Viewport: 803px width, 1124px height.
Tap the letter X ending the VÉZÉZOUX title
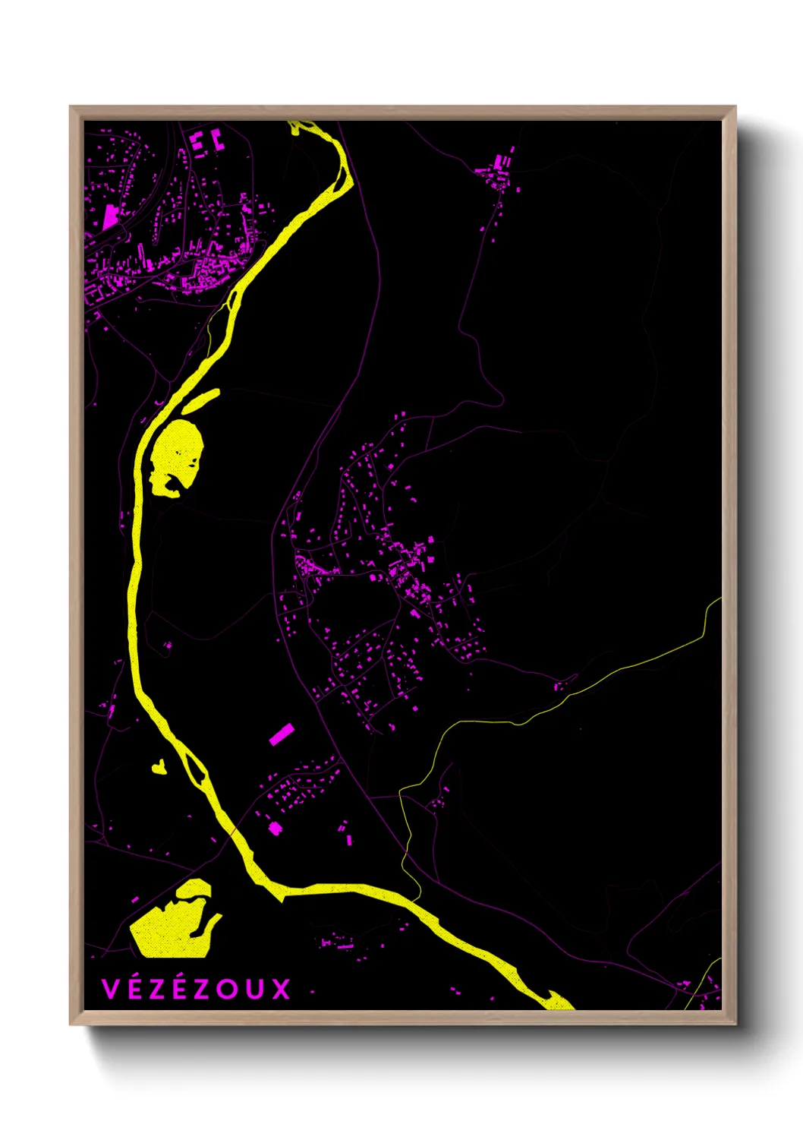click(282, 989)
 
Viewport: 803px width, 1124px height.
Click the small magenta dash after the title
click(312, 991)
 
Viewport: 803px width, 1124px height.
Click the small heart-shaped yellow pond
click(159, 768)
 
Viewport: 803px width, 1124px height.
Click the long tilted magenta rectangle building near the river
click(282, 734)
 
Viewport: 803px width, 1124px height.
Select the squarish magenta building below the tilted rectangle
click(275, 828)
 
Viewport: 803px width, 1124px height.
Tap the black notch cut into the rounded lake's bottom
click(176, 483)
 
